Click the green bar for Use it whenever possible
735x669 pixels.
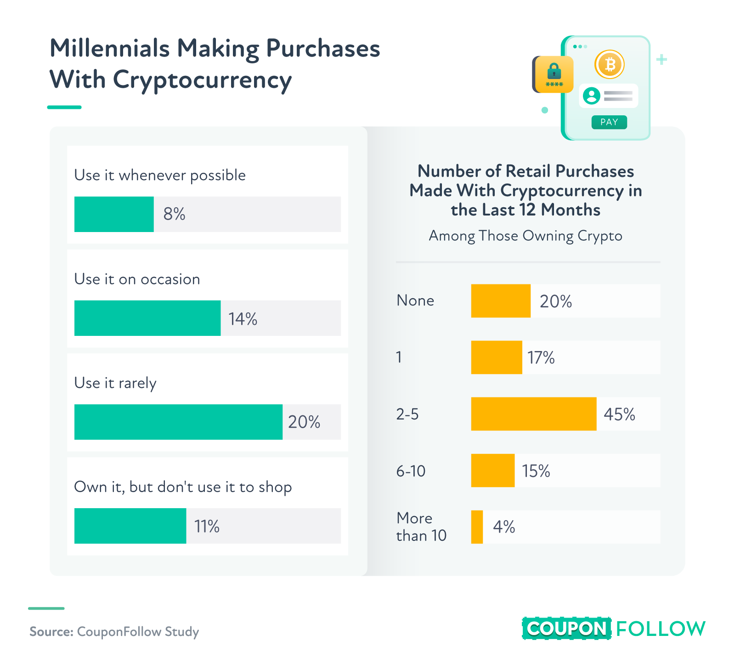(114, 214)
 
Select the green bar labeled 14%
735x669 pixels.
(147, 318)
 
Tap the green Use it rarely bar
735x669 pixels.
(178, 422)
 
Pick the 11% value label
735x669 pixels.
(207, 526)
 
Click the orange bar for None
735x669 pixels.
(501, 301)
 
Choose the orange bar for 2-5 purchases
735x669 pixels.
(534, 414)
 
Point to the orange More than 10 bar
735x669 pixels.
(477, 527)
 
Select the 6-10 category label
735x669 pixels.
(411, 471)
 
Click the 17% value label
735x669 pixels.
(541, 357)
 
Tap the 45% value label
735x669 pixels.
(619, 414)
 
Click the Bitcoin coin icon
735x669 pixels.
(610, 65)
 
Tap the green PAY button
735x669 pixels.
(609, 122)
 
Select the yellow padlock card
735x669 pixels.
(554, 74)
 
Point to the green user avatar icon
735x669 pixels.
(592, 96)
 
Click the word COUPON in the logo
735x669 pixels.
(566, 629)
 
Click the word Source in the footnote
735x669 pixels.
(51, 632)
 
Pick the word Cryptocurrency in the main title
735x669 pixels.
(202, 80)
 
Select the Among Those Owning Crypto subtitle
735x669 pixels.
(526, 236)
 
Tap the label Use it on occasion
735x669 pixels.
(137, 279)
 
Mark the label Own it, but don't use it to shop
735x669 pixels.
(183, 487)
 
